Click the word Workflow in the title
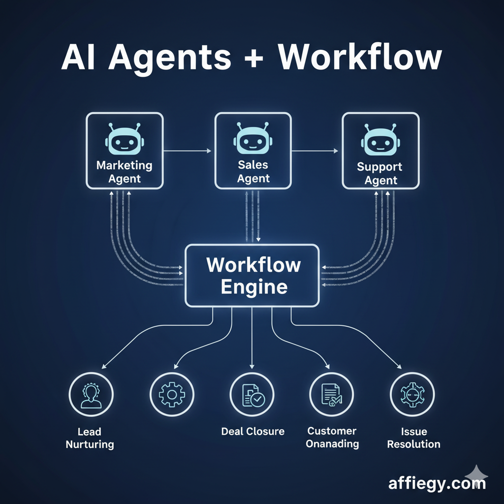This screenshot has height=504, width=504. (x=360, y=58)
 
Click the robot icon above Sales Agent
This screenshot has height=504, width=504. (x=253, y=139)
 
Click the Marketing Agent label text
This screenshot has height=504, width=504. (x=124, y=172)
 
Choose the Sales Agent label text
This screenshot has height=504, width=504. (x=253, y=171)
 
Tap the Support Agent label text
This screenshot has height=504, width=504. (x=380, y=173)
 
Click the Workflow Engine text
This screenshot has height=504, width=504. (x=253, y=276)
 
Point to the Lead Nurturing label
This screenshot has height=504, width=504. (x=90, y=438)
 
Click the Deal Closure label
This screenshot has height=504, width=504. (x=252, y=432)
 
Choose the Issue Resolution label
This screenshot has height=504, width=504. (x=413, y=438)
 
